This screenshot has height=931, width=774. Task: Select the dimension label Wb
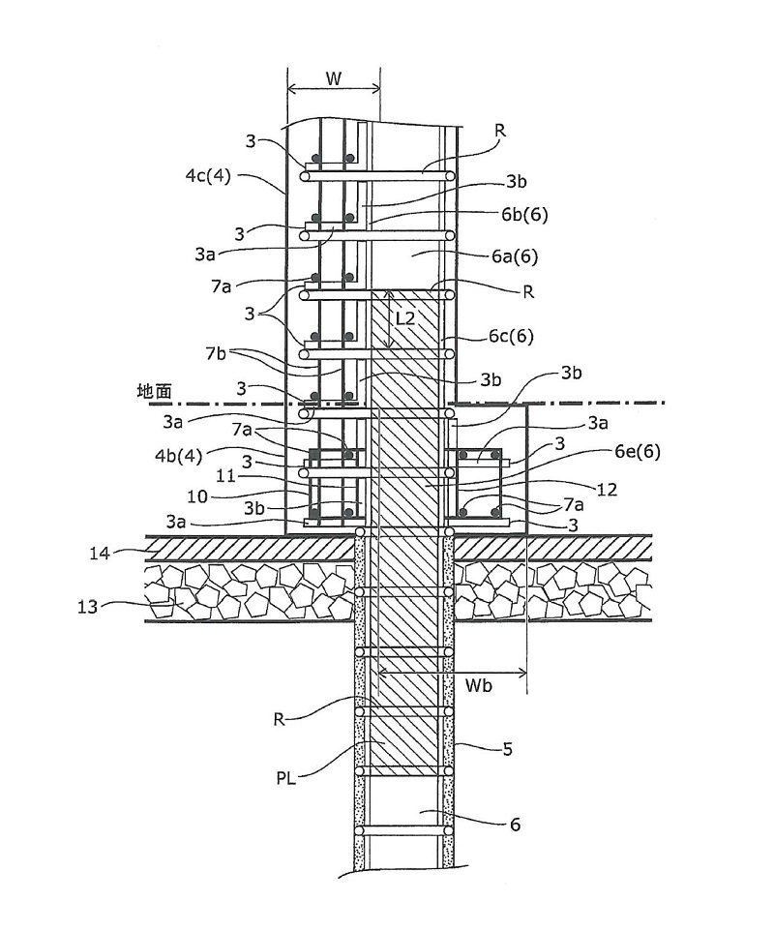pos(478,686)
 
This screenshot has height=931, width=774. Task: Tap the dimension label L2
pos(404,318)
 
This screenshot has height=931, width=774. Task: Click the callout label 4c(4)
pos(207,176)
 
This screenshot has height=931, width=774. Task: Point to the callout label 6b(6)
pos(524,214)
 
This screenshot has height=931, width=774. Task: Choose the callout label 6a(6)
pos(515,256)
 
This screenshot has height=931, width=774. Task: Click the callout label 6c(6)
pos(511,337)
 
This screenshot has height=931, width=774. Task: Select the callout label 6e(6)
pos(639,452)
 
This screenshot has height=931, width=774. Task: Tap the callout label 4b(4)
pos(179,456)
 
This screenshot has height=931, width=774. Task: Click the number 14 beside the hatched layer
pos(100,554)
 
